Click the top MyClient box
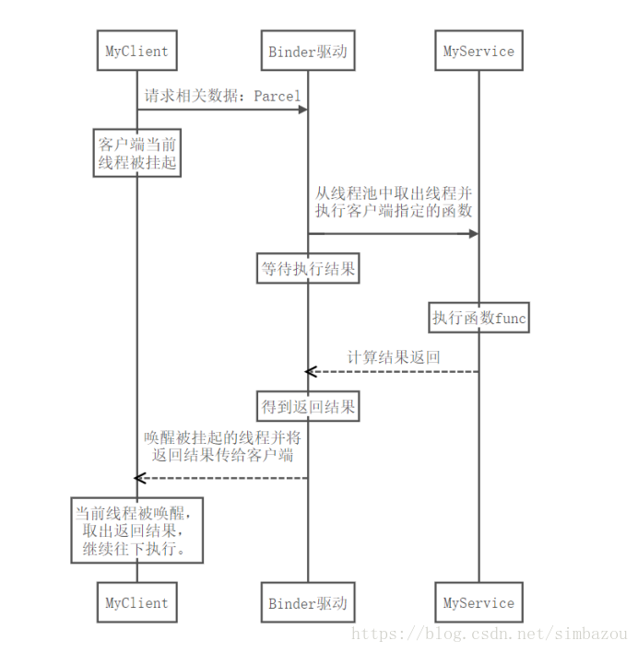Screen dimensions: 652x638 (x=136, y=52)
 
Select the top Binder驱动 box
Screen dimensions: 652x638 (x=307, y=52)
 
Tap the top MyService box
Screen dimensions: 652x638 (x=478, y=52)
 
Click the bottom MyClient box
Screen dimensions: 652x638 (x=136, y=603)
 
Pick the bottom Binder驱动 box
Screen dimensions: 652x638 (x=307, y=603)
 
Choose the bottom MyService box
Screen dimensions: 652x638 (x=478, y=603)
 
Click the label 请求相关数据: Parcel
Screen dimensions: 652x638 (x=221, y=95)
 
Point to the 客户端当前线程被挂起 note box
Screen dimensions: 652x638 (x=136, y=154)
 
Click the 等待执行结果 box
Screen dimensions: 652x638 (x=307, y=270)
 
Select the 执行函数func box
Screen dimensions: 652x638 (x=478, y=319)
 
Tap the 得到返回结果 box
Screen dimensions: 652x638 (x=307, y=405)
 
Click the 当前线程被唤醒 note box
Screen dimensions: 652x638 (x=136, y=530)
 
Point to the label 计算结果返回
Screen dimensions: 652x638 (x=394, y=356)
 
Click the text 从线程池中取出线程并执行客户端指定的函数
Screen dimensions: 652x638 (x=394, y=202)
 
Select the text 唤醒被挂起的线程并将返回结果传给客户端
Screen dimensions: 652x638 (x=221, y=446)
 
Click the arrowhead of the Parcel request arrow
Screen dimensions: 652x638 (x=301, y=110)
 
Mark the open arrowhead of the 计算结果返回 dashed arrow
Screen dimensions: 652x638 (x=311, y=371)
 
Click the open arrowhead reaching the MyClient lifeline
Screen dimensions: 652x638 (x=140, y=478)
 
